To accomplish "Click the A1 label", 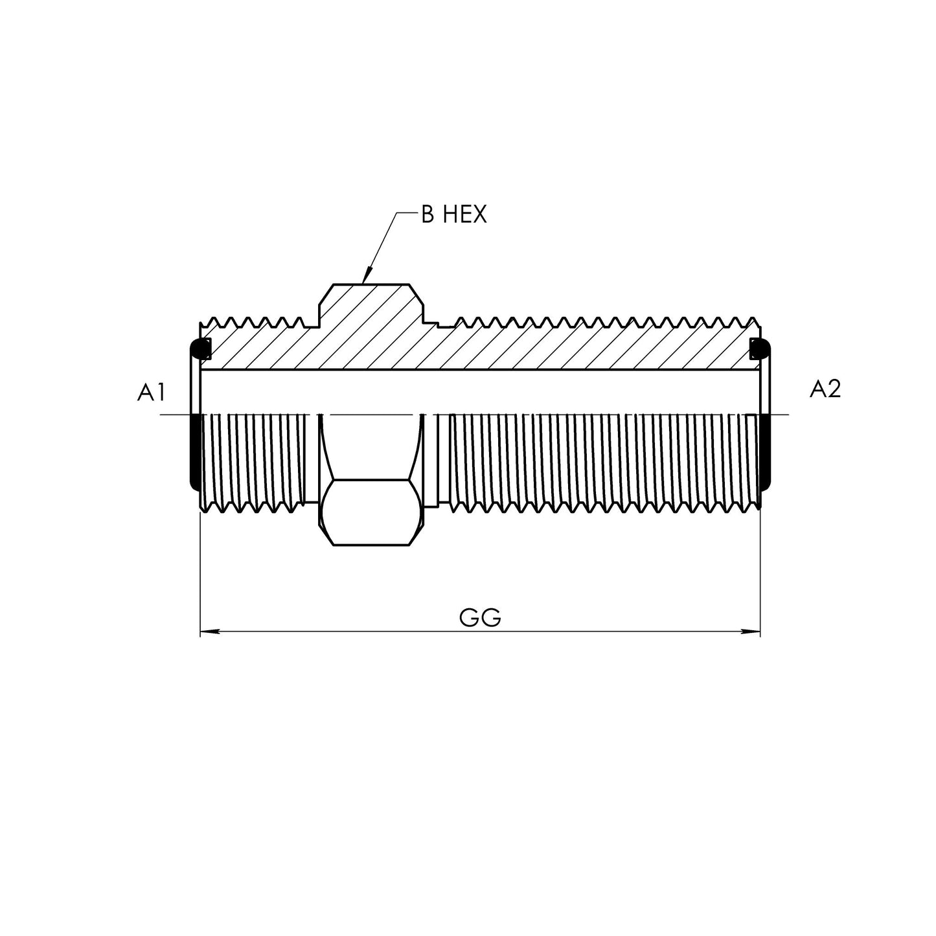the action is (151, 392).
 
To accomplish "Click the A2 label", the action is (825, 389).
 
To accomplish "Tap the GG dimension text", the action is (480, 618).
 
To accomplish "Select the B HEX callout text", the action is (453, 214).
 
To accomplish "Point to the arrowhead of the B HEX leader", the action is (366, 277).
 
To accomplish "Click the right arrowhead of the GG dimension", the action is (750, 632).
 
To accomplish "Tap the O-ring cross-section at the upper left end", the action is (200, 348).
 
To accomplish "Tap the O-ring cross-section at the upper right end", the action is (760, 348).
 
